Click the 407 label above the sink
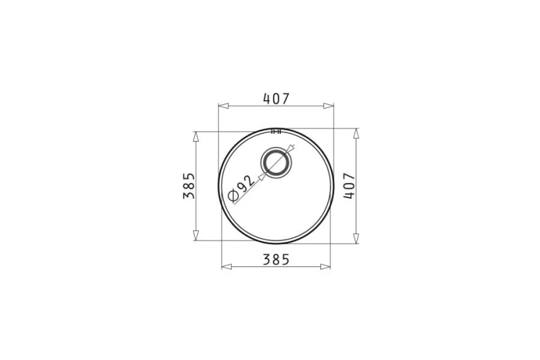pyautogui.click(x=276, y=99)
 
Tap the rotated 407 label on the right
pyautogui.click(x=349, y=186)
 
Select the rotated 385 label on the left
pyautogui.click(x=189, y=186)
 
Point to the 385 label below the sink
pyautogui.click(x=276, y=259)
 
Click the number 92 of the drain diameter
pyautogui.click(x=246, y=184)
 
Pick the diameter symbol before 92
pyautogui.click(x=233, y=196)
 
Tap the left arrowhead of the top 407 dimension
pyautogui.click(x=223, y=106)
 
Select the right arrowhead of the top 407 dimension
pyautogui.click(x=328, y=106)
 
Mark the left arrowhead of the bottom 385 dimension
pyautogui.click(x=227, y=266)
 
